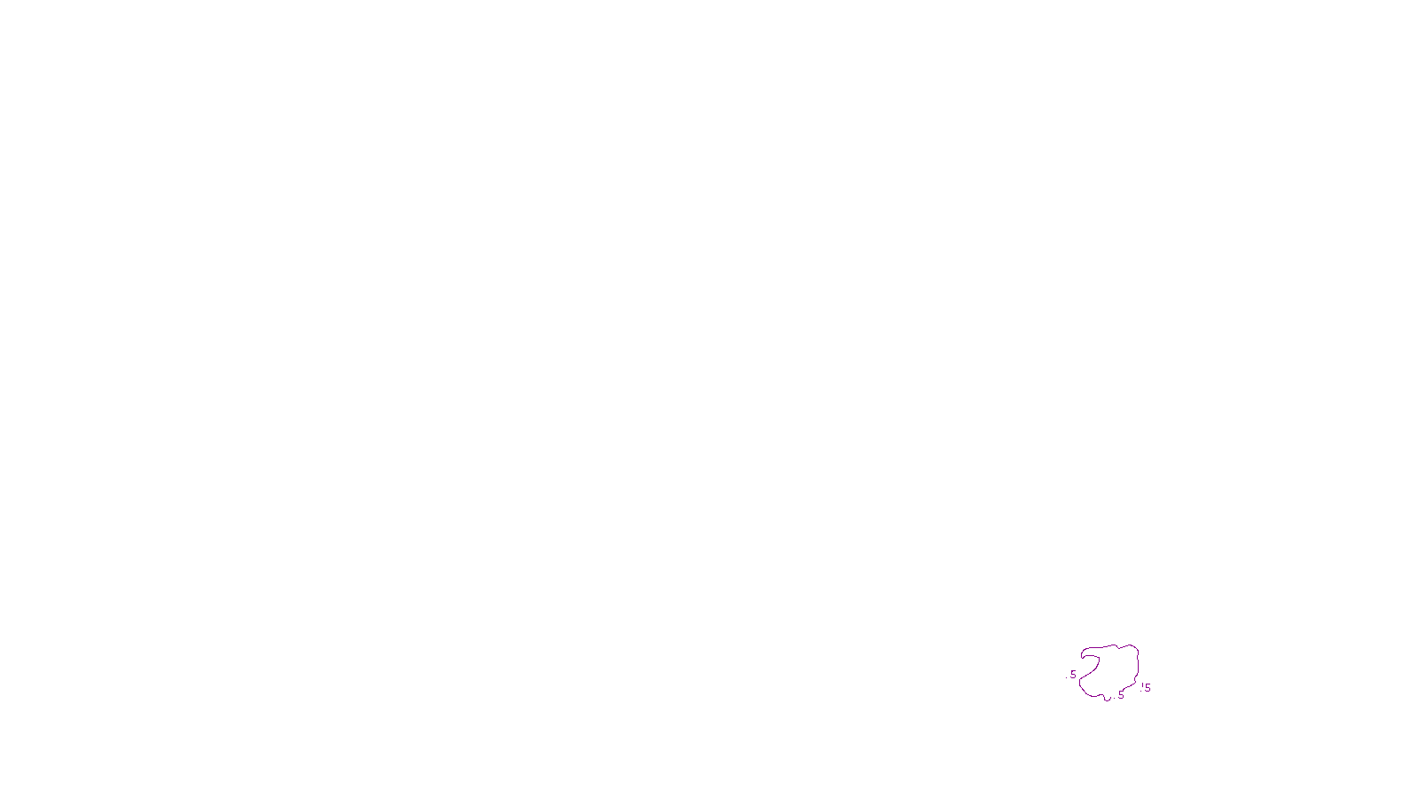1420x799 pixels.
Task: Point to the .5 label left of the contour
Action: click(1073, 675)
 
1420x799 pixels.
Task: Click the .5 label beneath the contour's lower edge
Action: click(1120, 695)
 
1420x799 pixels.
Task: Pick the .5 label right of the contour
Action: click(1147, 688)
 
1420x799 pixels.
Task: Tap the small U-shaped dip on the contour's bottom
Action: click(1107, 699)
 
